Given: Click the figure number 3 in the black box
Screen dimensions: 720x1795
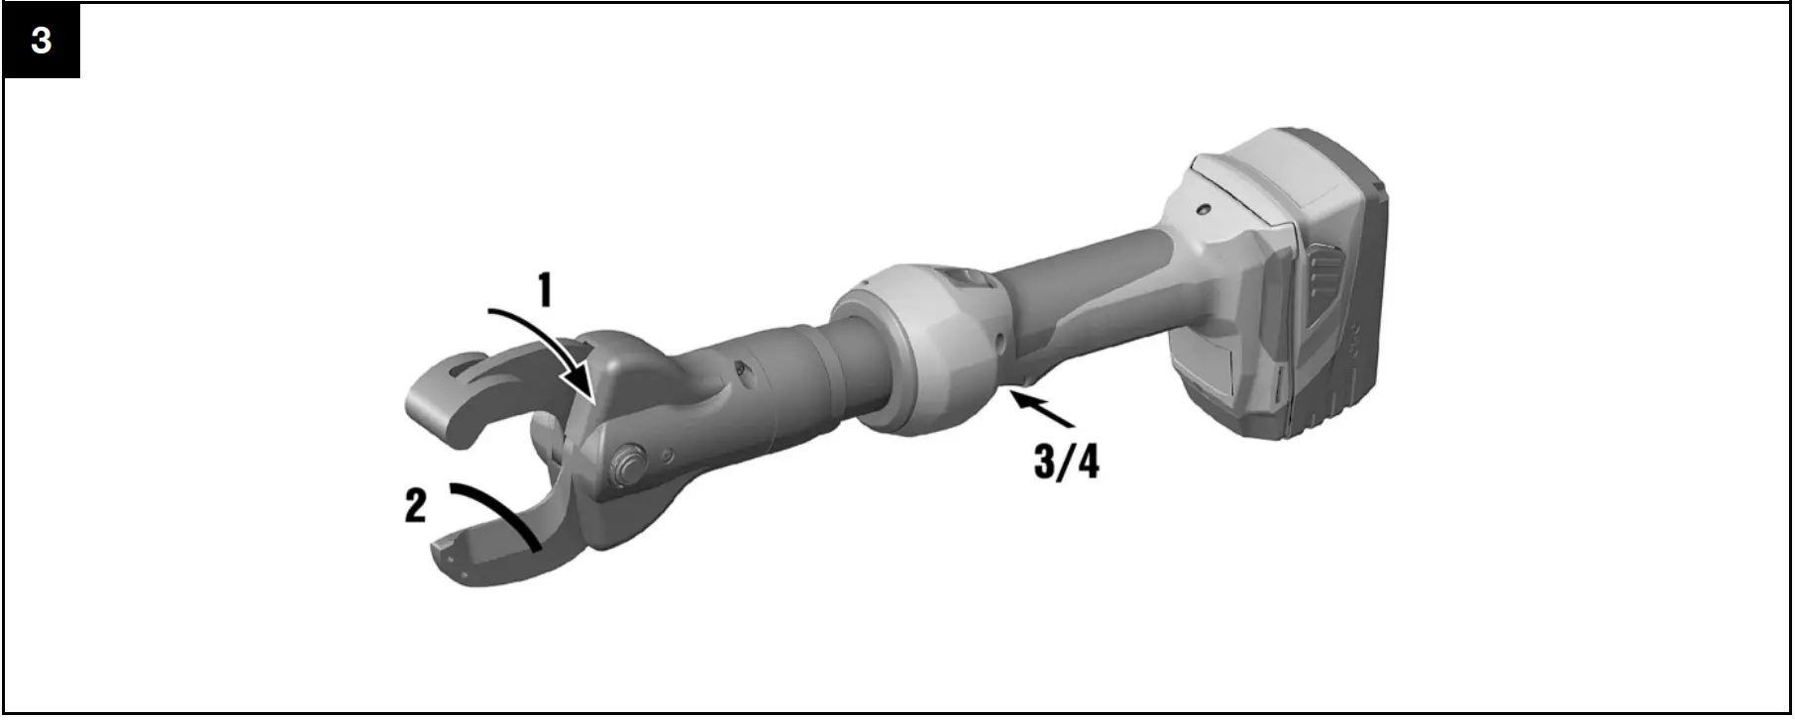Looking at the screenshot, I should point(42,42).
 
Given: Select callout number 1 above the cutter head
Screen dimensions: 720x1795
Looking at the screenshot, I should point(543,291).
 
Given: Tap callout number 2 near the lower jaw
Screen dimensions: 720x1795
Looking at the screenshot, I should point(415,507).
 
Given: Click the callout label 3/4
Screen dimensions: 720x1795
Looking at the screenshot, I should point(1066,462).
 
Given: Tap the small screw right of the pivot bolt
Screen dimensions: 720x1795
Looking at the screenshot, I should point(671,456).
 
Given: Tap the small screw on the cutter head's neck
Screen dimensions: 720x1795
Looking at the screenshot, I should point(737,373).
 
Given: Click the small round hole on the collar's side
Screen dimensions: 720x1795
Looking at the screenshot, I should point(1002,340).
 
